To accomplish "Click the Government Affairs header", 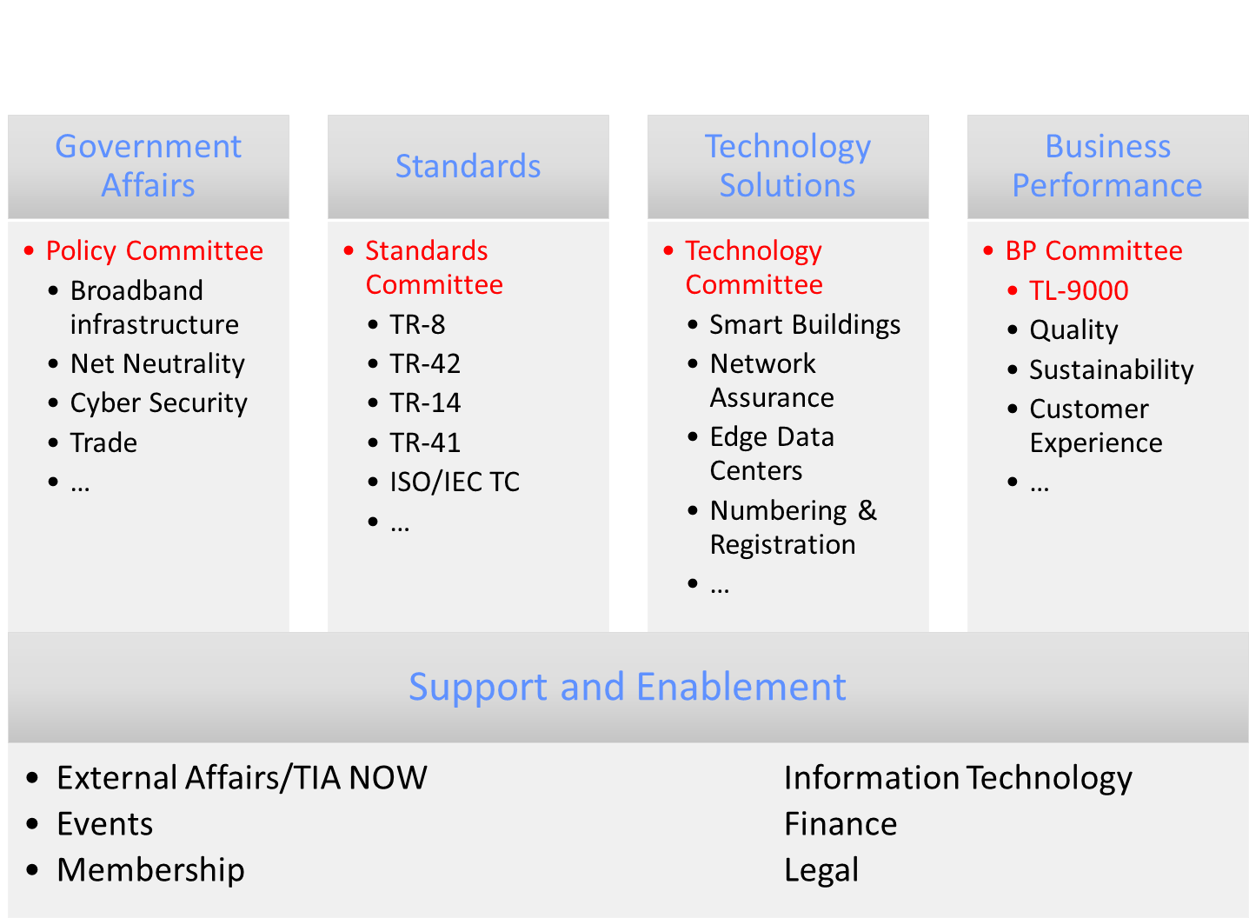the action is [149, 166].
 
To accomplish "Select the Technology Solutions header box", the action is [787, 167].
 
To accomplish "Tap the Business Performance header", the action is [1107, 166].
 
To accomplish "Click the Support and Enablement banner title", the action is [628, 687].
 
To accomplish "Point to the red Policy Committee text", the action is [155, 251].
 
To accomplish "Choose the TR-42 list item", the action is [425, 363].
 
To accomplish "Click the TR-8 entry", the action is [417, 324].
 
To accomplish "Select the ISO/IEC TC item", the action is [455, 482].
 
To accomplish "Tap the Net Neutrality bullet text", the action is [157, 364].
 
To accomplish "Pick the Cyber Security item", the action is [159, 403].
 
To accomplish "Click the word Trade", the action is [103, 442].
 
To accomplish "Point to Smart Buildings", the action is [805, 325].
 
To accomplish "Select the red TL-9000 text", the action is [1079, 290].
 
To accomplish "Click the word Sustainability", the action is [1112, 370].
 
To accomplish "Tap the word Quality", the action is [1074, 330].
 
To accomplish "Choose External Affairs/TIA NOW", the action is [242, 777].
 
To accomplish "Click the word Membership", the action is [150, 870].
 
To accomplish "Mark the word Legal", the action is [821, 870].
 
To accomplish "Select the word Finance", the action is [840, 824].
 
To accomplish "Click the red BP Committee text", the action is [1094, 251].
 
